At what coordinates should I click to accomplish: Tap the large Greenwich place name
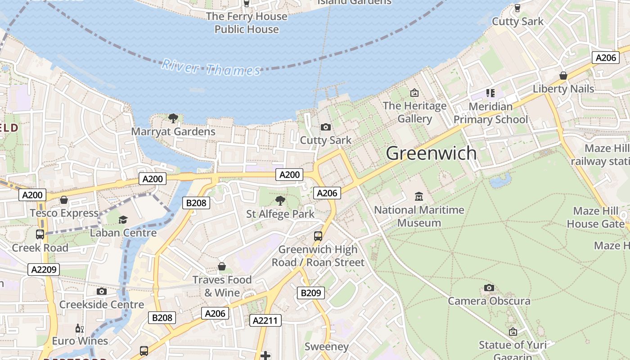[x=431, y=153]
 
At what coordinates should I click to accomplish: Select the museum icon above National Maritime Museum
[x=419, y=196]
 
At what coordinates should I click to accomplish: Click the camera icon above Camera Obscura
[x=489, y=288]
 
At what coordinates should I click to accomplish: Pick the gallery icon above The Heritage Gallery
[x=414, y=93]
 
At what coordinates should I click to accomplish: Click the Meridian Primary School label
[x=490, y=113]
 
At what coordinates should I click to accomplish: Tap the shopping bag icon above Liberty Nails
[x=563, y=76]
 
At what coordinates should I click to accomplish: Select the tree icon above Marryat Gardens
[x=173, y=118]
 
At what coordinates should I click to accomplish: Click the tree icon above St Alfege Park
[x=280, y=201]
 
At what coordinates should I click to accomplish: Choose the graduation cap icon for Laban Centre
[x=123, y=220]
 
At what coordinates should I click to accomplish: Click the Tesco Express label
[x=64, y=213]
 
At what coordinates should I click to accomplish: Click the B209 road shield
[x=310, y=293]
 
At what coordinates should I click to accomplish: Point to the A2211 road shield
[x=265, y=320]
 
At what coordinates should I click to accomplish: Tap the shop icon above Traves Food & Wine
[x=221, y=266]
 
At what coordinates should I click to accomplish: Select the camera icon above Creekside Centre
[x=102, y=291]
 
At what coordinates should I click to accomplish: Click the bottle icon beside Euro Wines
[x=80, y=328]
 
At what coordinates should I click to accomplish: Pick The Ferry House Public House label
[x=246, y=23]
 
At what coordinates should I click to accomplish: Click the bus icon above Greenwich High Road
[x=318, y=236]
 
